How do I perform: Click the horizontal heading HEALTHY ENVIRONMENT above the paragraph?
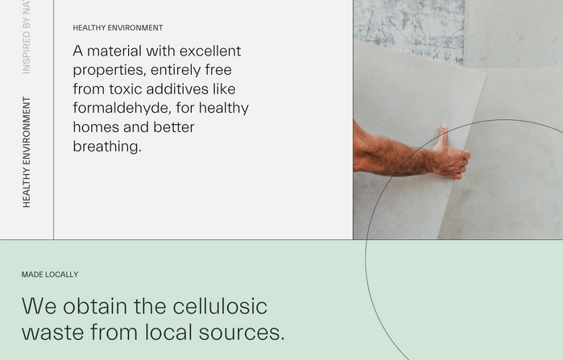(118, 27)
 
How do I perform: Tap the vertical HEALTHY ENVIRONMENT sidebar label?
(27, 152)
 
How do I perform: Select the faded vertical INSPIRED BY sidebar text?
(27, 36)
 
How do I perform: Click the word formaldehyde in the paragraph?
(122, 108)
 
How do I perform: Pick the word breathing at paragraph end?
(107, 147)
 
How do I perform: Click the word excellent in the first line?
(210, 51)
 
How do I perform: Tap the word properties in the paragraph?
(110, 70)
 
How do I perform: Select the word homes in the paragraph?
(95, 127)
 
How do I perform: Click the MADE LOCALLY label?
(50, 275)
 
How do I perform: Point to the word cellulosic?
(220, 307)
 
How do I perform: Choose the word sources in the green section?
(242, 333)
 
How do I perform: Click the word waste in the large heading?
(53, 333)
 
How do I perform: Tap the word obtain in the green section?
(95, 307)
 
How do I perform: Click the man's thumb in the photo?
(443, 134)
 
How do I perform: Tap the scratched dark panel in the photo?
(408, 29)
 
